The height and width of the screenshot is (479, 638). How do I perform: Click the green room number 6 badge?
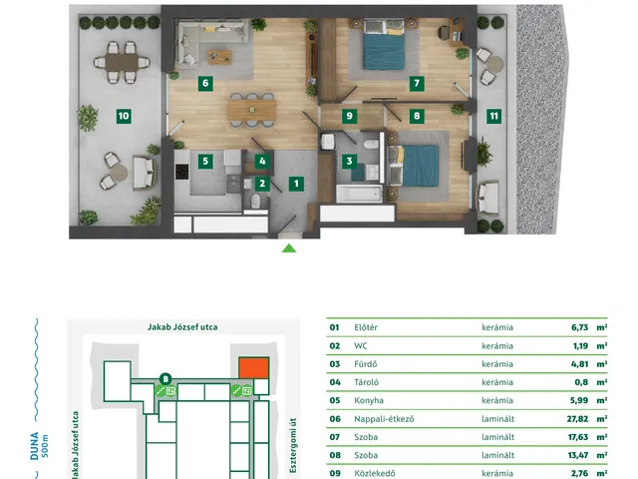[205, 84]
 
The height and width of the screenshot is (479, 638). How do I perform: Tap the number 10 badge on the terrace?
[124, 116]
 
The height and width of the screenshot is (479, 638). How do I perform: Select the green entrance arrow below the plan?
[289, 248]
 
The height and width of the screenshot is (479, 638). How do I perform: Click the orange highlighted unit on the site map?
[253, 368]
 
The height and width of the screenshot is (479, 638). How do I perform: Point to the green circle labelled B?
[165, 379]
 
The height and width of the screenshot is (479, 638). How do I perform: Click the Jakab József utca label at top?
[182, 327]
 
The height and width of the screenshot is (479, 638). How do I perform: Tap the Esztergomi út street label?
[293, 445]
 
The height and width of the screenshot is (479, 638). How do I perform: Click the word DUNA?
[34, 446]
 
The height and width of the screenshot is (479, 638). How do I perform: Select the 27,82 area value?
[577, 419]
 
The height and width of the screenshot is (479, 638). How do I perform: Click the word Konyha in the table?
[369, 400]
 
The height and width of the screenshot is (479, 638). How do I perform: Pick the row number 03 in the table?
[335, 364]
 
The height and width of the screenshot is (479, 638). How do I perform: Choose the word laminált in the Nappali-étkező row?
[497, 419]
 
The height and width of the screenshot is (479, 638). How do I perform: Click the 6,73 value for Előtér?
[579, 327]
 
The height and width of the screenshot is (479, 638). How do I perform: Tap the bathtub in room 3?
[359, 194]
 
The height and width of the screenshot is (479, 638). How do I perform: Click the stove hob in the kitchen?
[181, 172]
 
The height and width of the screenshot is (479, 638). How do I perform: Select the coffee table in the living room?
[219, 57]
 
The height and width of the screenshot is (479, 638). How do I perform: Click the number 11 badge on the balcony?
[494, 116]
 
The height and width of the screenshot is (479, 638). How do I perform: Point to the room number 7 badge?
[417, 84]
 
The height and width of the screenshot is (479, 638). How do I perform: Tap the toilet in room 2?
[255, 201]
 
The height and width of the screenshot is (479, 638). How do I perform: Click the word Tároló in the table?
[366, 382]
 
